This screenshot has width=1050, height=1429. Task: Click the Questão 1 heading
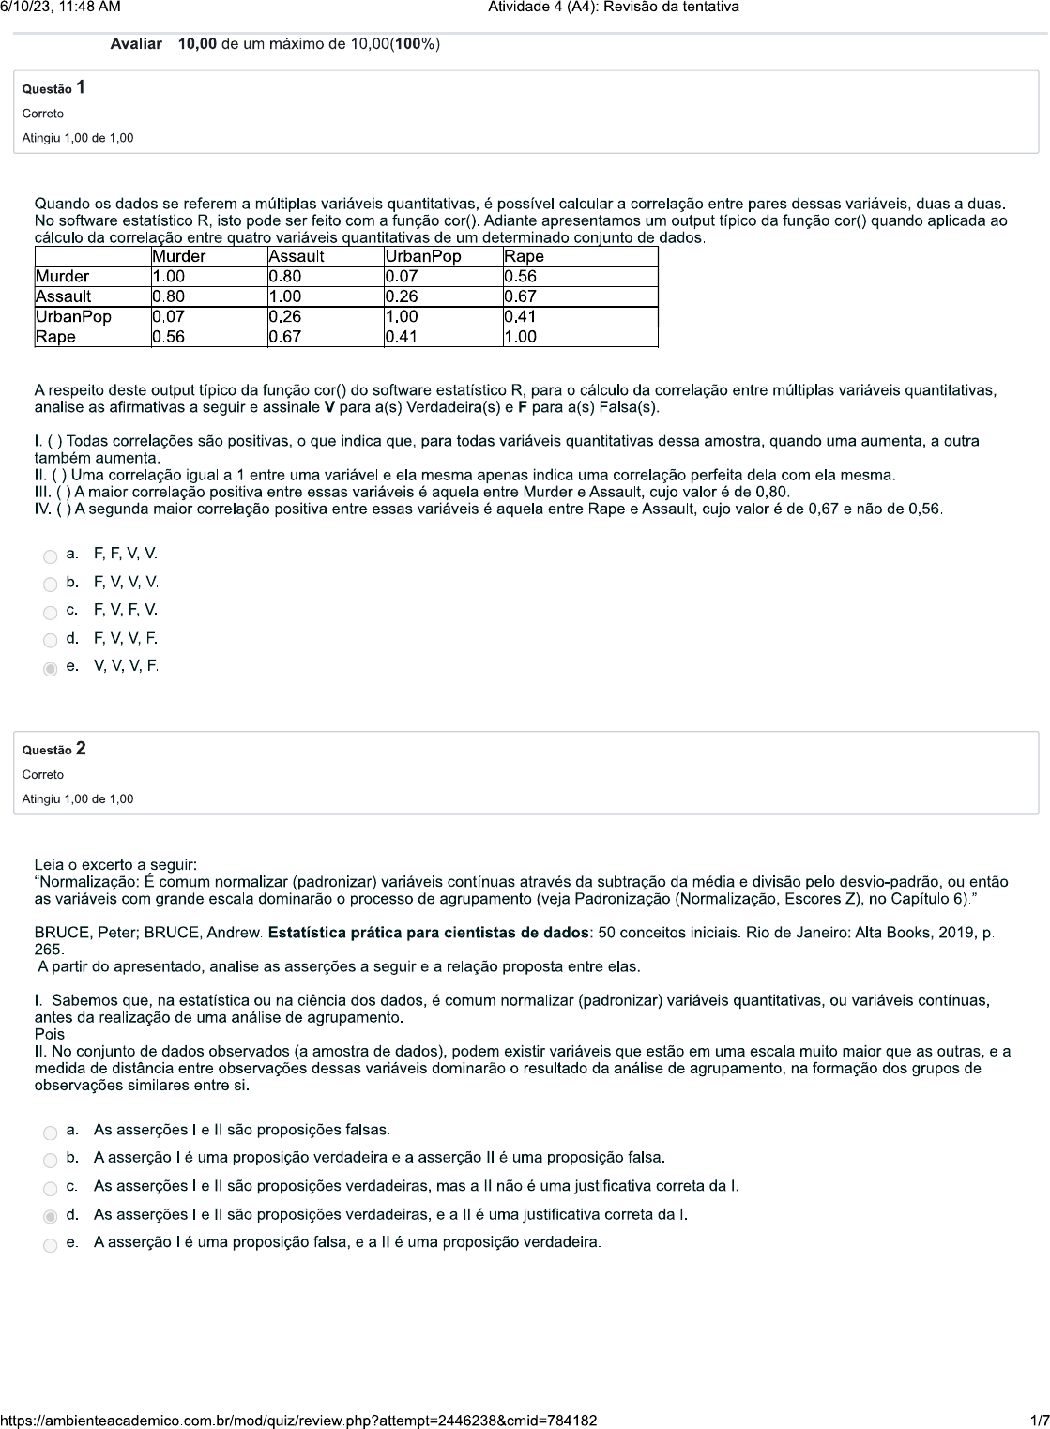(x=54, y=88)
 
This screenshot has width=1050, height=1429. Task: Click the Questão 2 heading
(x=54, y=749)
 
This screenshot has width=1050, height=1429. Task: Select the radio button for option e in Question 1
(x=51, y=669)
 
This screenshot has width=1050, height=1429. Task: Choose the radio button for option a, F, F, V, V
(x=51, y=556)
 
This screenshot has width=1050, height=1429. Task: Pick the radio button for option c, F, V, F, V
(x=51, y=613)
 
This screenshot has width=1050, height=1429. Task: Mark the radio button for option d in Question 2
(x=51, y=1217)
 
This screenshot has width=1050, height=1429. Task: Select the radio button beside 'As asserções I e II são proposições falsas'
(x=51, y=1133)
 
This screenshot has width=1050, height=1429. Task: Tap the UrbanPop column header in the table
(x=423, y=256)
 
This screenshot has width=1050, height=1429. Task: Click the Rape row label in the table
(x=55, y=337)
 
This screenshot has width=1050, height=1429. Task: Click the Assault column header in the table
(x=297, y=256)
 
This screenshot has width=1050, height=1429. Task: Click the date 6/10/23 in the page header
(x=29, y=8)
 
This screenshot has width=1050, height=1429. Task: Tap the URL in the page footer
(x=298, y=1421)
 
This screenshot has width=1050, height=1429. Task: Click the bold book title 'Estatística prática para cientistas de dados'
(x=429, y=933)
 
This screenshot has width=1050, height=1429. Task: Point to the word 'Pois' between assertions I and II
(x=50, y=1034)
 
